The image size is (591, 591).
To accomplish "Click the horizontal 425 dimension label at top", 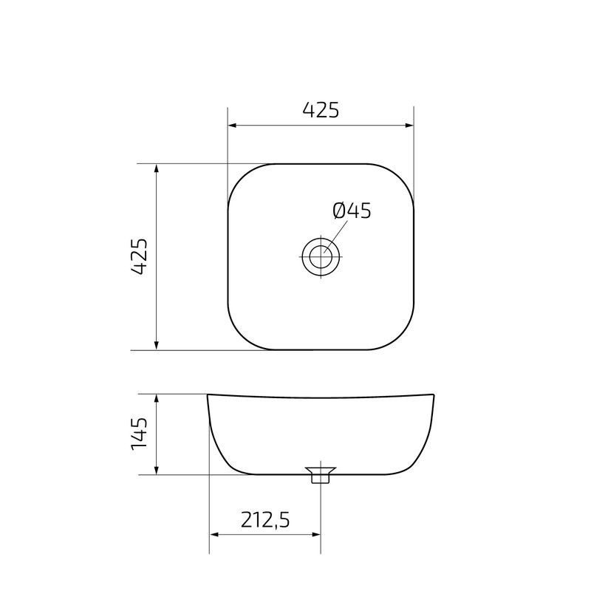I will (x=321, y=110).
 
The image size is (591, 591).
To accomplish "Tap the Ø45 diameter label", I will (x=352, y=211).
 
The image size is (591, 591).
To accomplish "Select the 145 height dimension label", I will (x=140, y=434).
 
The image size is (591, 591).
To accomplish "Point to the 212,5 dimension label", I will (x=264, y=520).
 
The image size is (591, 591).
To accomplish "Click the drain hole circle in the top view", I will (x=321, y=256).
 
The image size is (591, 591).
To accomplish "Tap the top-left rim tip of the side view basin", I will (x=208, y=395).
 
